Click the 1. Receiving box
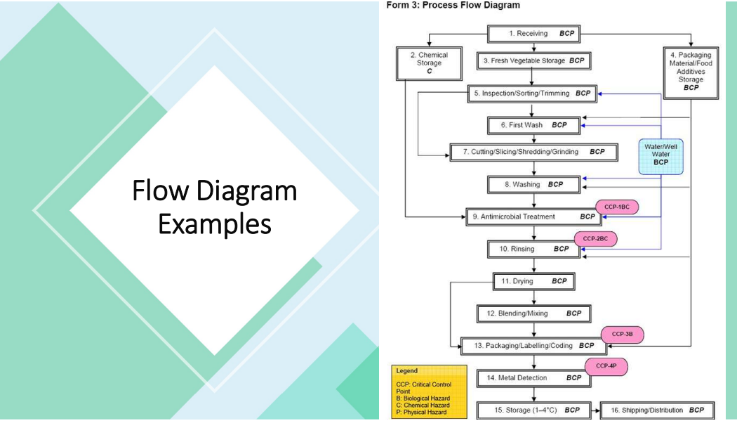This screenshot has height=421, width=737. coord(534,34)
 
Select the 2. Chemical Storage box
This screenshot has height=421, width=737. coord(429,63)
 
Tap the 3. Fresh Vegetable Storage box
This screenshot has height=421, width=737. coord(534,61)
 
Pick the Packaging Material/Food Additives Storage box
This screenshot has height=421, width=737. coord(691,71)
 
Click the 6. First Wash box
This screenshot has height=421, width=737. coord(534,125)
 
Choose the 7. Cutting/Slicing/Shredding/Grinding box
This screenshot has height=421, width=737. coord(533,152)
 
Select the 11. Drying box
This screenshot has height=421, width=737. coord(534,281)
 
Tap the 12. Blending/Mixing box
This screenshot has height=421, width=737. coord(534,313)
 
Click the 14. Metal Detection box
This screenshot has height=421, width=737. coord(534,378)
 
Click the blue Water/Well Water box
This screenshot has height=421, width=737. coord(660,155)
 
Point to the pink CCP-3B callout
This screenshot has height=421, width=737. coord(623,334)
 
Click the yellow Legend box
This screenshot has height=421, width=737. coord(428,391)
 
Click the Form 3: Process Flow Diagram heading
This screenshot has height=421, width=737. coord(453,6)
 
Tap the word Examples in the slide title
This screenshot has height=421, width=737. coord(214,224)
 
